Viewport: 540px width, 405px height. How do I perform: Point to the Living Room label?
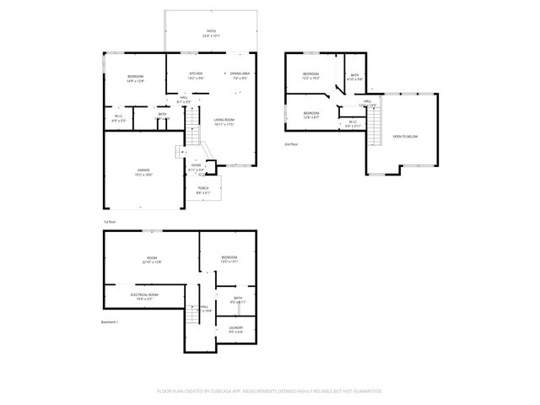point(224,122)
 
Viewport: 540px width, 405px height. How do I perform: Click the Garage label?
point(143,172)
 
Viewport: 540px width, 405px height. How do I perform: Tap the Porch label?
point(203,190)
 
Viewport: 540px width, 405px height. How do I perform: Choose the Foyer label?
point(196,167)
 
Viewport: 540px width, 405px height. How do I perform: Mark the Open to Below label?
point(404,136)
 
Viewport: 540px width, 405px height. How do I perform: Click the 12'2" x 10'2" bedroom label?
point(311,76)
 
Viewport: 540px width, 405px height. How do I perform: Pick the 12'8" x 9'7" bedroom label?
point(311,116)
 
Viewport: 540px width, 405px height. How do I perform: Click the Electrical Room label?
point(141,296)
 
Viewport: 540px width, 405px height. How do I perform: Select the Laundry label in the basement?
point(235,330)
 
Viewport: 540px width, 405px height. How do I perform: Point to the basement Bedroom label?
point(229,259)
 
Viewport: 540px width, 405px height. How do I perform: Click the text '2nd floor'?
point(291,144)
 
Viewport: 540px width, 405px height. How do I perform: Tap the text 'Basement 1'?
point(111,321)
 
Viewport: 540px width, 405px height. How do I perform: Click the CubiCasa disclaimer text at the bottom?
point(270,391)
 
